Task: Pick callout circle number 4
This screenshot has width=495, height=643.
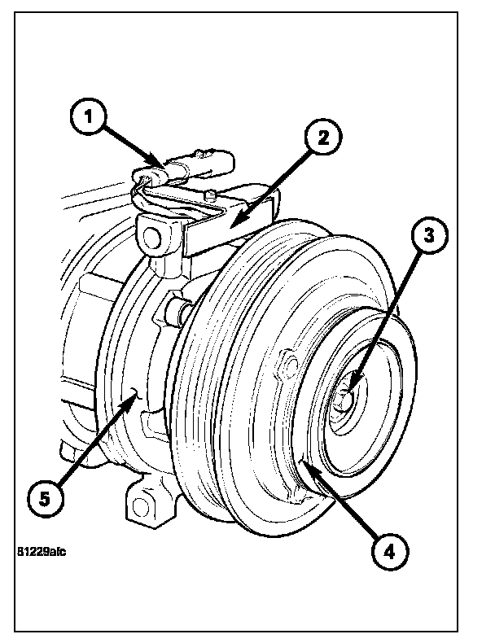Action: tap(390, 552)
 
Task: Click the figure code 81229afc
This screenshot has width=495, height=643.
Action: tap(40, 551)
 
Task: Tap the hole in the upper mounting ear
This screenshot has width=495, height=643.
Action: tap(151, 238)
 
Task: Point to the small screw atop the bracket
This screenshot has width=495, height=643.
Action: tap(210, 194)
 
